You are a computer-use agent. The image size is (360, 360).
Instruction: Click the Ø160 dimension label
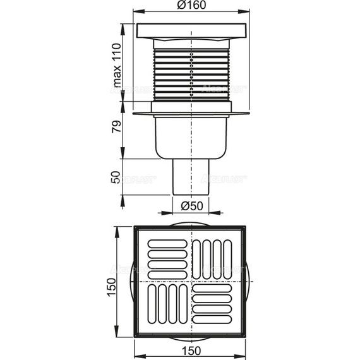pyautogui.click(x=189, y=6)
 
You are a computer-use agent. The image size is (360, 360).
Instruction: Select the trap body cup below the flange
pyautogui.click(x=189, y=139)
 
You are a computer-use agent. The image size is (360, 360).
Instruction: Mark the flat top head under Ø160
pyautogui.click(x=189, y=30)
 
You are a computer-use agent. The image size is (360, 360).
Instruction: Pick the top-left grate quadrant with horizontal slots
pyautogui.click(x=167, y=258)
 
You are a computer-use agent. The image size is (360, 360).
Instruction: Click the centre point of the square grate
pyautogui.click(x=189, y=280)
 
